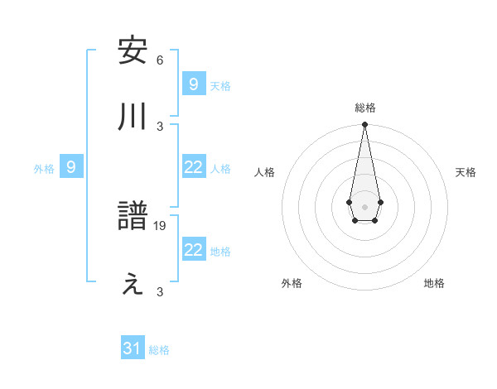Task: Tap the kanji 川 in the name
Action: (x=133, y=117)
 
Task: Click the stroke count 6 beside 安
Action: (x=160, y=60)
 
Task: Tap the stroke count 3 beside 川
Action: (x=160, y=126)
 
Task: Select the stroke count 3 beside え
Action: (x=160, y=291)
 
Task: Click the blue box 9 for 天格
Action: (x=193, y=84)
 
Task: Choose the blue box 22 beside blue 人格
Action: (x=193, y=167)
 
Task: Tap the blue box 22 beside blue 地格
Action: (x=193, y=250)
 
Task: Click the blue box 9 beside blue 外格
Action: (x=71, y=167)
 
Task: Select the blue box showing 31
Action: (x=133, y=348)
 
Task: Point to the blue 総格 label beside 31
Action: (x=159, y=350)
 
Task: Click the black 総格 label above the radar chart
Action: (x=365, y=108)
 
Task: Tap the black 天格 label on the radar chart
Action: (x=466, y=172)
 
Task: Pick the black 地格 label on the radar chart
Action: (x=434, y=283)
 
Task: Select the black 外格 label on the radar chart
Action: (x=292, y=283)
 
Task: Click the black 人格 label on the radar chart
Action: (x=265, y=172)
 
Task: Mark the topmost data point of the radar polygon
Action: (x=364, y=124)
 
